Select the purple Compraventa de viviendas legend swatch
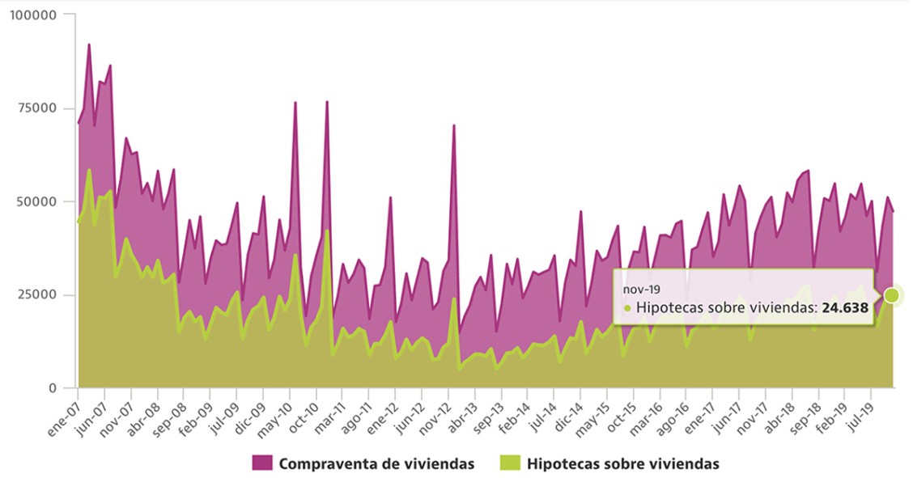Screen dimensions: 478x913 click(x=261, y=463)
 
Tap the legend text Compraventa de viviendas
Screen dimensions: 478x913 click(x=376, y=463)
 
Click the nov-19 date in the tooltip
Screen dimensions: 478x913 click(x=639, y=288)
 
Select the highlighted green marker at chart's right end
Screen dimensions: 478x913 click(x=891, y=295)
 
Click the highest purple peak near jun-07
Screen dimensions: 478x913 click(x=89, y=44)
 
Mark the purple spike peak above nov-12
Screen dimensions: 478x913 click(x=454, y=125)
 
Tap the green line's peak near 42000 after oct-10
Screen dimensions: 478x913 click(x=327, y=231)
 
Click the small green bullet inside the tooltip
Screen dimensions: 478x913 click(x=627, y=308)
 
